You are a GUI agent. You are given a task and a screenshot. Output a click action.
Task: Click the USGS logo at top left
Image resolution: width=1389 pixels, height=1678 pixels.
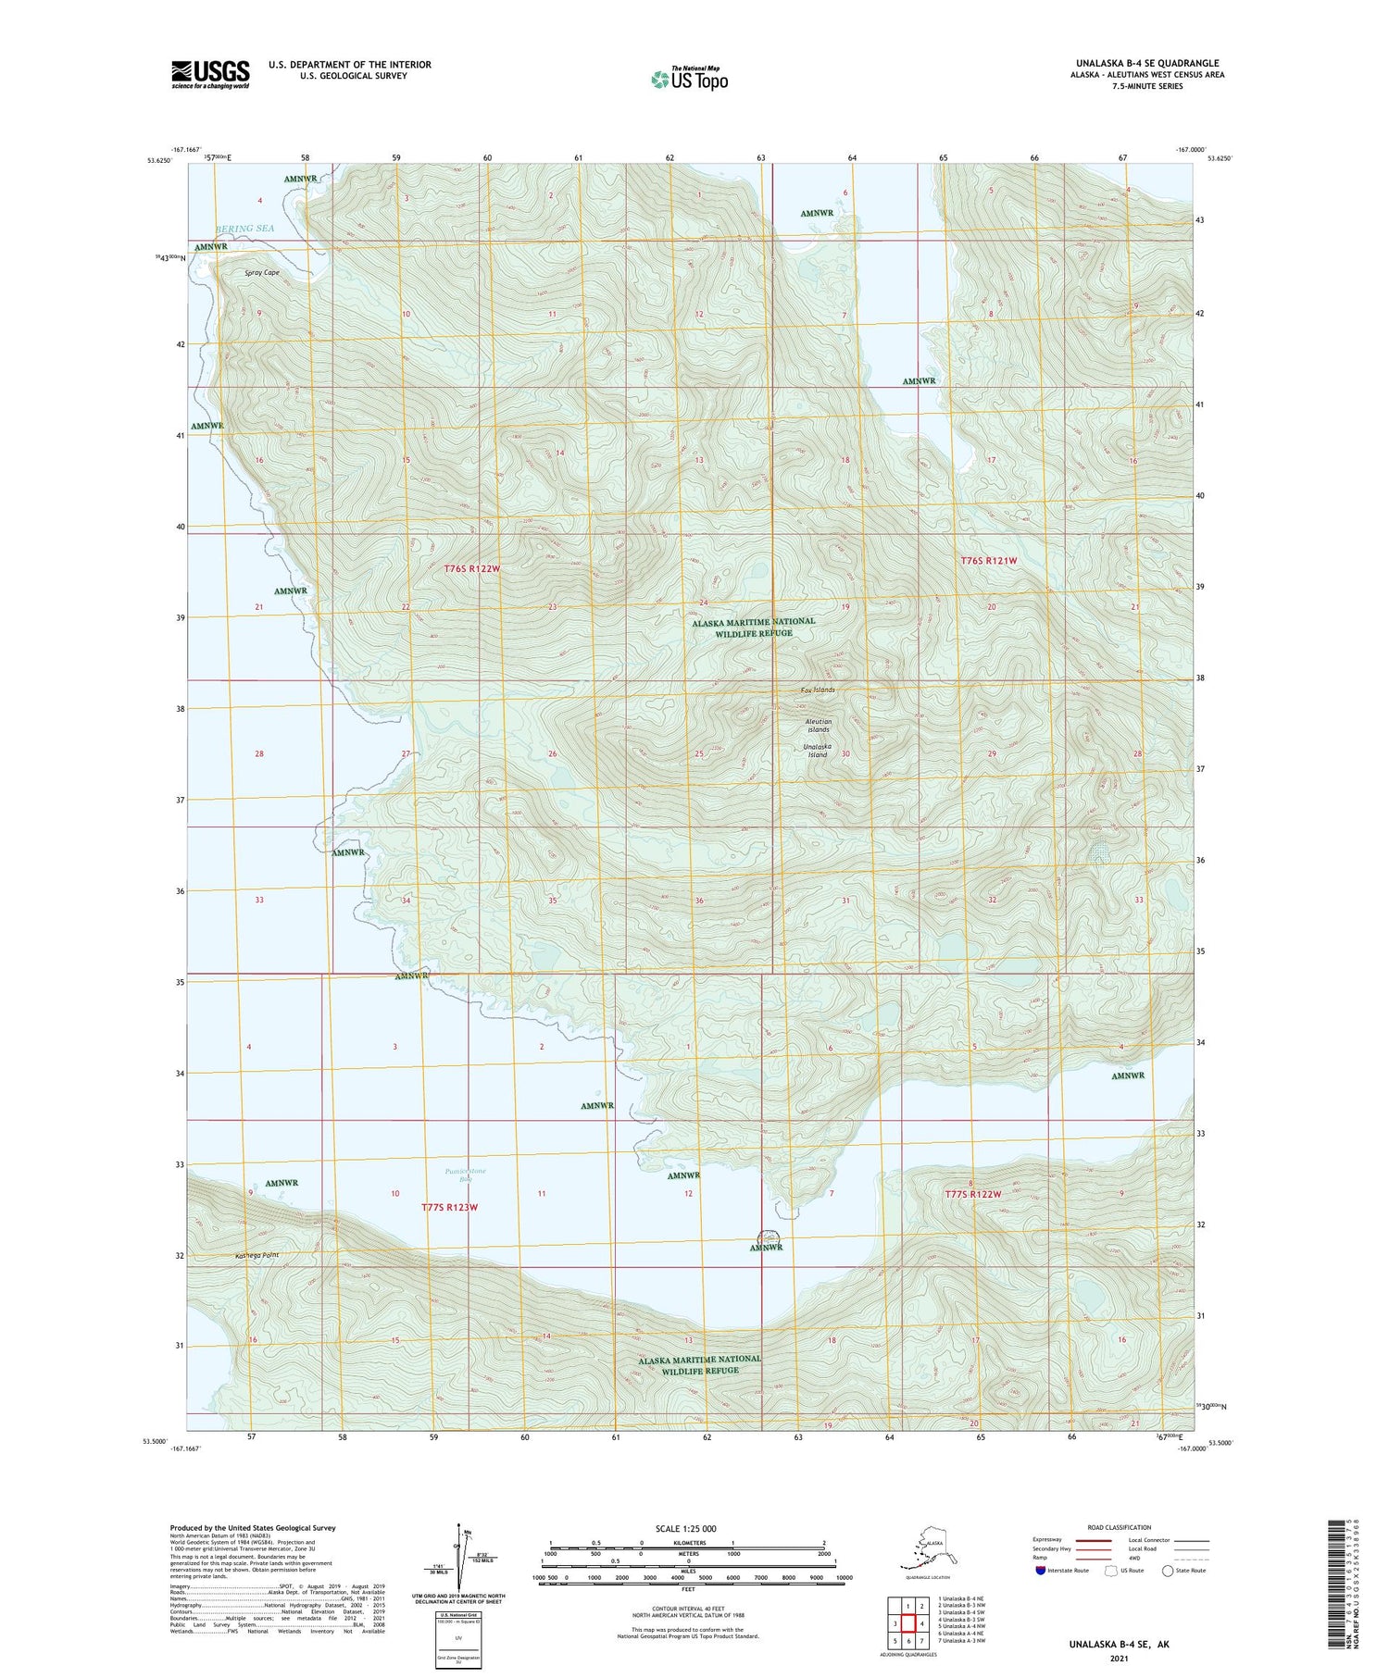[x=210, y=74]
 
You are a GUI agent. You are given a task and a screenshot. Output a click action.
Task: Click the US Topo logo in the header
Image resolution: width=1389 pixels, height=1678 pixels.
[x=689, y=79]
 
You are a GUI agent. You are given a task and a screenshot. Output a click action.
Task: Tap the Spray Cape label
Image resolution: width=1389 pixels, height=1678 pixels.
[x=262, y=273]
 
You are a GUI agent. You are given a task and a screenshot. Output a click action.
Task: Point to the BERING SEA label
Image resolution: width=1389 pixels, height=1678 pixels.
[x=245, y=228]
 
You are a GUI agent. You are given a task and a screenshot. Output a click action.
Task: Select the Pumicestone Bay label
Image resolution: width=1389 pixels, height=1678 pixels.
[x=465, y=1176]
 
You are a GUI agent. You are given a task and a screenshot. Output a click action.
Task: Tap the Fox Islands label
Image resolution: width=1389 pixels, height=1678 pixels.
[x=818, y=690]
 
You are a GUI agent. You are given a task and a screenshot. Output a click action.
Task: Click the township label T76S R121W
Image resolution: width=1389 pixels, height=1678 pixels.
[x=988, y=561]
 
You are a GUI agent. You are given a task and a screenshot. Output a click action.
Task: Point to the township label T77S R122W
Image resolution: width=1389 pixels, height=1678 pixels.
[x=972, y=1194]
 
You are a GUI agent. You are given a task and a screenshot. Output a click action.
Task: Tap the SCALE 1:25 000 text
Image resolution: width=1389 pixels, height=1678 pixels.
[x=685, y=1529]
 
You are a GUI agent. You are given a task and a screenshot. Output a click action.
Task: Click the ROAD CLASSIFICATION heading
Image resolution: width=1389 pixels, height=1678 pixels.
[x=1120, y=1528]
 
